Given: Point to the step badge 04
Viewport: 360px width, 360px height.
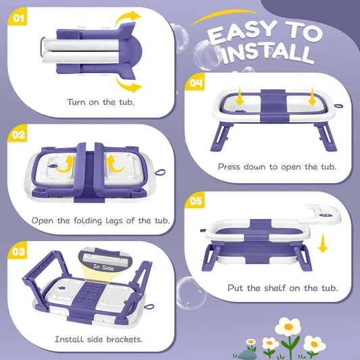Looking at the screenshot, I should [195, 83].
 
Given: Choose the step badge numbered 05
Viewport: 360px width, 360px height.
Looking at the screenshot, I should [195, 201].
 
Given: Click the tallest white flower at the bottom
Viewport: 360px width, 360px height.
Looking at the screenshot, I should [288, 328].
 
